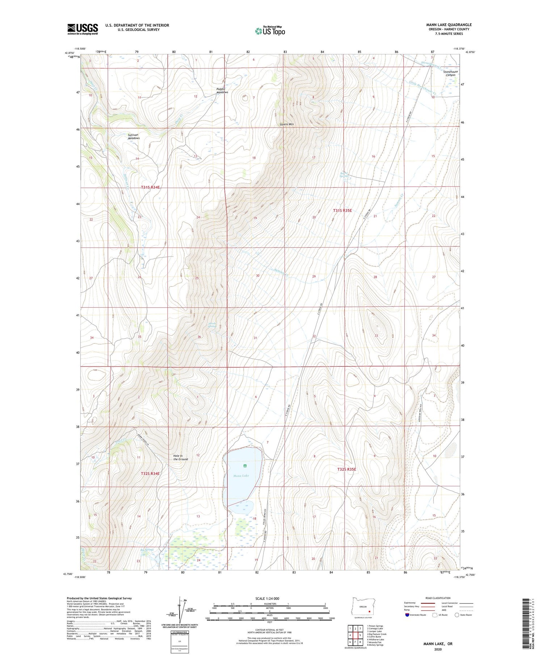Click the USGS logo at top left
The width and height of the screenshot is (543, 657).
pos(83,29)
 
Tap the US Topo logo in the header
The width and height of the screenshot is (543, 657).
pos(270,31)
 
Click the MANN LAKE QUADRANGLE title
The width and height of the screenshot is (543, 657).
pos(449,25)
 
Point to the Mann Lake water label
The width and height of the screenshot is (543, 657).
pos(241,475)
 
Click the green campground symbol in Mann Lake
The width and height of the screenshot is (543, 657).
pos(245,466)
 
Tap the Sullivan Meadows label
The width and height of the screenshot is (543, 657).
pos(134,136)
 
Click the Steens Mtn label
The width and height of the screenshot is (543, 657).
pos(287,124)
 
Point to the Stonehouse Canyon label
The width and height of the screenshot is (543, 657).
pos(450,73)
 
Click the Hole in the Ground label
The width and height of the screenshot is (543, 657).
pos(180,457)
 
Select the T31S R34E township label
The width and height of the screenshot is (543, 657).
pos(150,187)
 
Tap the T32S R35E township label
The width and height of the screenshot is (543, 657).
pos(347,469)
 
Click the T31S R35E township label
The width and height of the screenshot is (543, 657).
pos(342,210)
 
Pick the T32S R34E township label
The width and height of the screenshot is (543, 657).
pos(150,473)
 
